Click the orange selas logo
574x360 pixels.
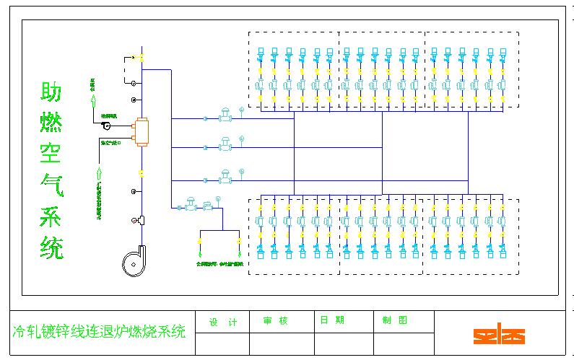tap(499, 335)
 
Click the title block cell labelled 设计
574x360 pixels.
tap(222, 322)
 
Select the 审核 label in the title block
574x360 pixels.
tap(275, 321)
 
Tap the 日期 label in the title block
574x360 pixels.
tap(332, 320)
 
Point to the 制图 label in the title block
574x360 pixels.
tap(390, 320)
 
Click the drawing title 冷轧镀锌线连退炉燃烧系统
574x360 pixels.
tap(100, 333)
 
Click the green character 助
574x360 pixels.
tap(51, 93)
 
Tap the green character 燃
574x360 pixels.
tap(51, 123)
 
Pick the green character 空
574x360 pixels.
tap(51, 154)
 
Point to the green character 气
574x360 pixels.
tap(51, 185)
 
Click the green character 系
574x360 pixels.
tap(51, 216)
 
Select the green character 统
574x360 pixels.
tap(51, 247)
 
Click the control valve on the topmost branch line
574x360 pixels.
tap(225, 115)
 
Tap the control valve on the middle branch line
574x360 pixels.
tap(225, 145)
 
